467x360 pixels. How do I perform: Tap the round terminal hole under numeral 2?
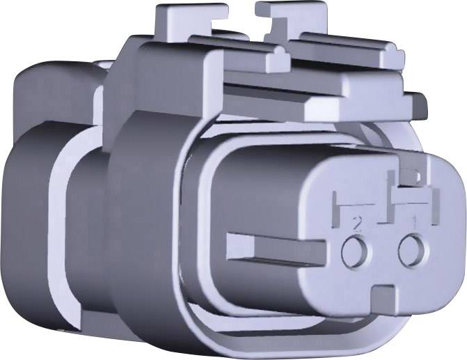(x=356, y=251)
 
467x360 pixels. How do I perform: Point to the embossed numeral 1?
(x=415, y=221)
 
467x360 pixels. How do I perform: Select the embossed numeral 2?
(x=358, y=223)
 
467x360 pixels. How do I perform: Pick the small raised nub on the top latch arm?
(x=278, y=60)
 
